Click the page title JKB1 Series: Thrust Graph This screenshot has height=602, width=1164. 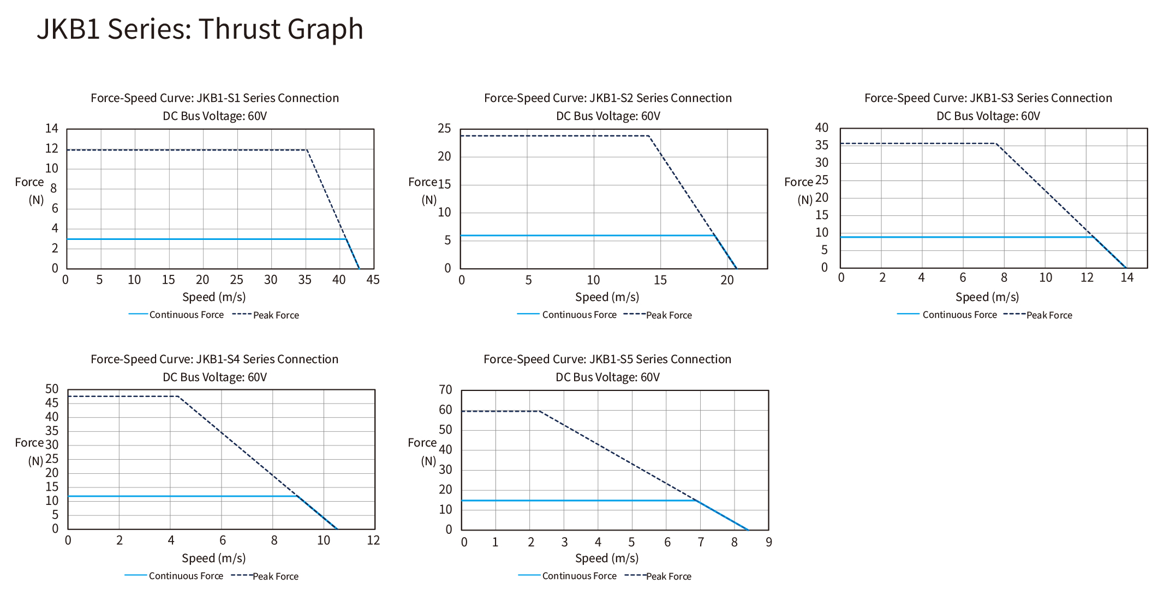(x=200, y=29)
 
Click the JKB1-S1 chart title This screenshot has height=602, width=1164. (x=214, y=98)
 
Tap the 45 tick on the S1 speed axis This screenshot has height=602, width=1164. (x=373, y=280)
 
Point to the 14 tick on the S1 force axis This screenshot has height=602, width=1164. (x=52, y=129)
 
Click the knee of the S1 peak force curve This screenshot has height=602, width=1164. (x=307, y=149)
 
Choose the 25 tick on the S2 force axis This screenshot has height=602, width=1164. (x=445, y=129)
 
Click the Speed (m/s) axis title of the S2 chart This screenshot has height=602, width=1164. (x=607, y=297)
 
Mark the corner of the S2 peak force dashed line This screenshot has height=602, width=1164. (x=649, y=136)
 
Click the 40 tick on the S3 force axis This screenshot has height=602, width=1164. (x=821, y=128)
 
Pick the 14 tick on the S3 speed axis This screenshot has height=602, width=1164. (x=1127, y=278)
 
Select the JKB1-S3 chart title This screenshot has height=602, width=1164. (x=988, y=98)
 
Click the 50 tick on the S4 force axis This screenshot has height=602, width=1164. (x=52, y=389)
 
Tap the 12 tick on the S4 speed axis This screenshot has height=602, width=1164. (x=373, y=541)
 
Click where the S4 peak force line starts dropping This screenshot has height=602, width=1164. (x=178, y=396)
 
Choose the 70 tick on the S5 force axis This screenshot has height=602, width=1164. (x=445, y=390)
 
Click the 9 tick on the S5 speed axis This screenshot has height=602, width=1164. (x=769, y=543)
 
